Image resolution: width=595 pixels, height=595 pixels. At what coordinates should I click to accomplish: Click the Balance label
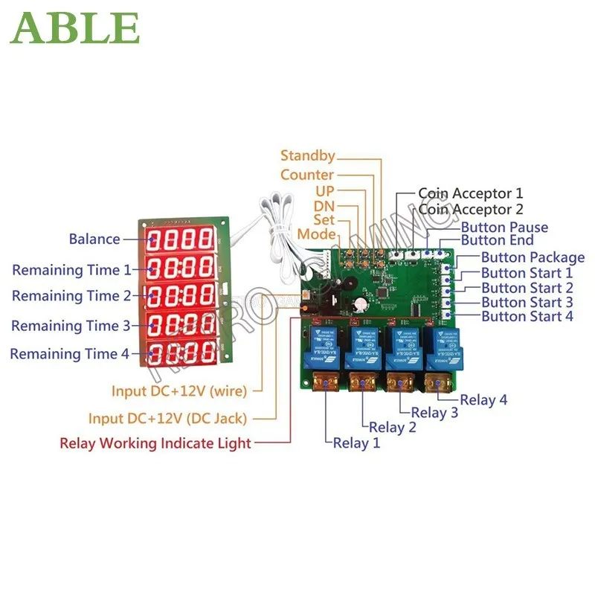click(x=94, y=239)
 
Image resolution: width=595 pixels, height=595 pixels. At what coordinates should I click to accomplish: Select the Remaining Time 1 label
click(x=71, y=269)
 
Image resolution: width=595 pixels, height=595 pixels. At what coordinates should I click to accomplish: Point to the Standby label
click(x=307, y=156)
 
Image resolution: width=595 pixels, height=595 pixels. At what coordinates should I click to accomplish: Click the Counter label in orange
click(x=306, y=175)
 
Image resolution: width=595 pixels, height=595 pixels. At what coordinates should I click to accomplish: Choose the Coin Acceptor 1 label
click(x=471, y=193)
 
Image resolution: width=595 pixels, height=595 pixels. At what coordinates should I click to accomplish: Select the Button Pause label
click(x=504, y=227)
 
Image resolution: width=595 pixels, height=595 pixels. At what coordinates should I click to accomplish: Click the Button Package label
click(x=533, y=257)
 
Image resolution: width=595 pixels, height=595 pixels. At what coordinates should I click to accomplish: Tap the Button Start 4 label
click(x=527, y=317)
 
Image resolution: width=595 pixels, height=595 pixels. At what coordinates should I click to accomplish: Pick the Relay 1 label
click(x=356, y=443)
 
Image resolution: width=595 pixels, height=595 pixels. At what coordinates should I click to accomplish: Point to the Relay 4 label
click(x=483, y=400)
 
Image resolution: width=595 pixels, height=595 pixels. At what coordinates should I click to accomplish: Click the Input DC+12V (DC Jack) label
click(x=178, y=419)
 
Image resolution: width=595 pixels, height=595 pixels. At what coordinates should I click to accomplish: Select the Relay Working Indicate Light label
click(x=155, y=443)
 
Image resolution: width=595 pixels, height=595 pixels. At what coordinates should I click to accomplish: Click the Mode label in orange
click(x=316, y=235)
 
